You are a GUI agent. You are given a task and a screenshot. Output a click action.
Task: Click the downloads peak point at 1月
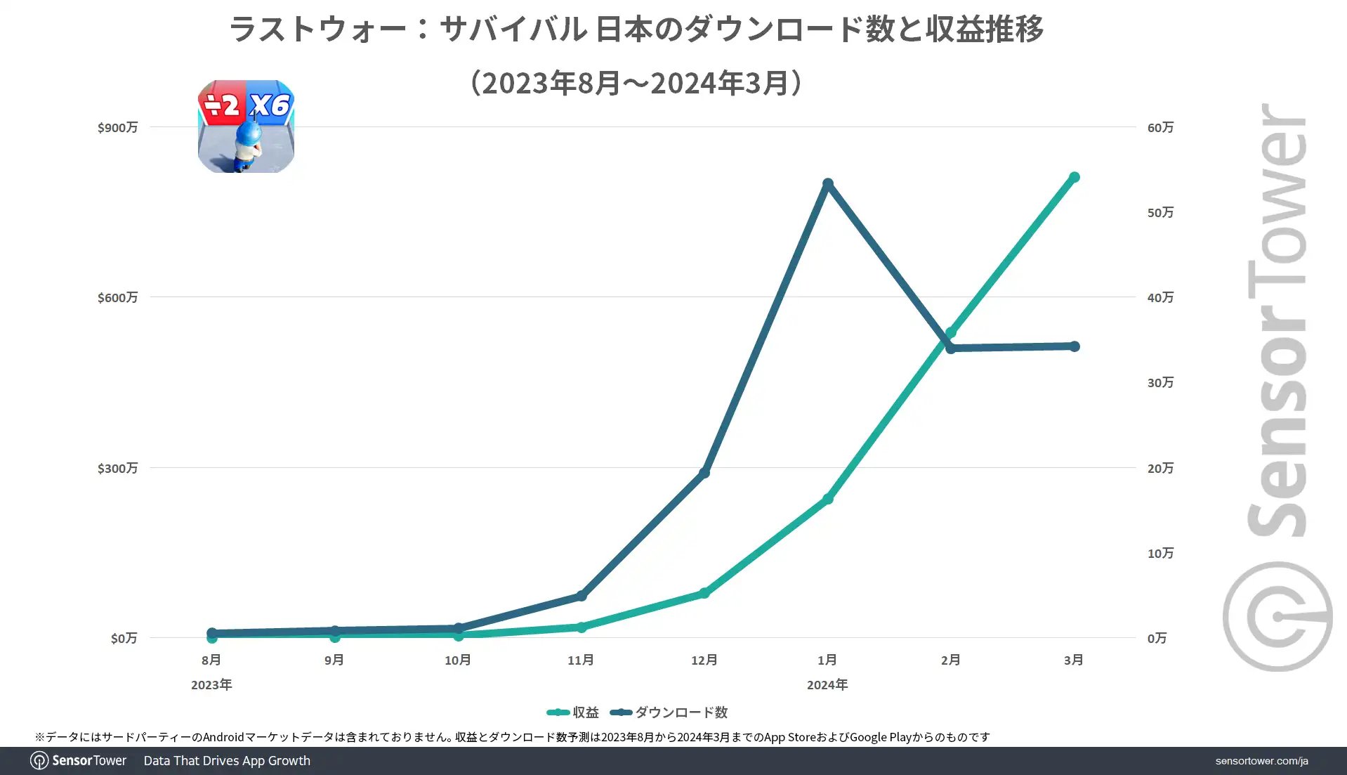tap(827, 184)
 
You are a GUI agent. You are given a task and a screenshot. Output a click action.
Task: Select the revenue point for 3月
tap(1074, 178)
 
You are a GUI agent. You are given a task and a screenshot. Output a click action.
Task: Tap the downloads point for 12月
tap(704, 473)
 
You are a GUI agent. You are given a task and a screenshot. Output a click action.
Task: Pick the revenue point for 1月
tap(827, 499)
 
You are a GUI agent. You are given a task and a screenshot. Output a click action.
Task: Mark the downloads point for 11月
tap(581, 596)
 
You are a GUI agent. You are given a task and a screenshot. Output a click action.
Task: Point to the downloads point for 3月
tap(1074, 346)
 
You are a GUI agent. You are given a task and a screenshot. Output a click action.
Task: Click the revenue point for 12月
tap(704, 594)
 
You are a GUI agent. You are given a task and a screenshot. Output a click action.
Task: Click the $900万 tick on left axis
tap(117, 127)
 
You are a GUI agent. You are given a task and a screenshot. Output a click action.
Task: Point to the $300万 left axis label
tap(117, 468)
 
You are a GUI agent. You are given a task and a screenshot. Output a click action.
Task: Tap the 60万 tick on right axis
tap(1160, 127)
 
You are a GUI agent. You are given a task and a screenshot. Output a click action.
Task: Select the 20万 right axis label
tap(1160, 468)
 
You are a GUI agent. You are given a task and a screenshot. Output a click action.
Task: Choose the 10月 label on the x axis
tap(458, 660)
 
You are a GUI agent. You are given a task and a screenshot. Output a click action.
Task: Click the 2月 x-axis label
tap(950, 660)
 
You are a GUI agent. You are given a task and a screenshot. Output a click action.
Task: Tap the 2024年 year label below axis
tap(827, 684)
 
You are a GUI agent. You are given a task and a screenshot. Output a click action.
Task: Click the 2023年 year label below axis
tap(211, 684)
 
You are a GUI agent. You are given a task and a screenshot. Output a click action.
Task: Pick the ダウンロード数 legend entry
tap(669, 712)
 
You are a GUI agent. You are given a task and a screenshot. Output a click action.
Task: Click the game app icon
tap(246, 126)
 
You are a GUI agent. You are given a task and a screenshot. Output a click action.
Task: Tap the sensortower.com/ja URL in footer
tap(1261, 761)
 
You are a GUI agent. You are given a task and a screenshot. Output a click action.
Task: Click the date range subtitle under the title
tap(636, 83)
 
